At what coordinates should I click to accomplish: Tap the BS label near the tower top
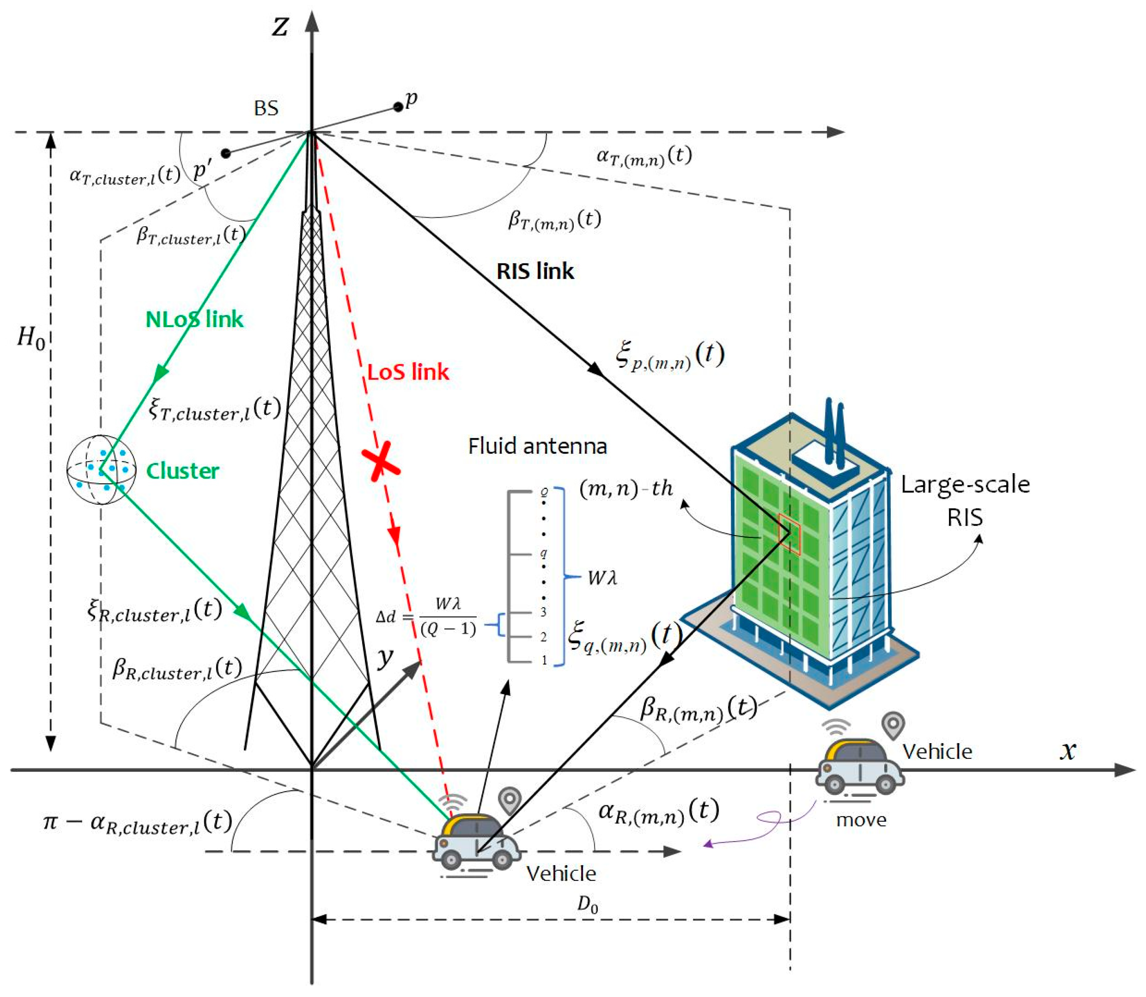(x=266, y=108)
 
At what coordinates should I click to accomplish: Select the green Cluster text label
(x=182, y=471)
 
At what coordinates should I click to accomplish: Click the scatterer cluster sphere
(x=101, y=470)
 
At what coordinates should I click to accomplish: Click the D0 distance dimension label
(x=587, y=905)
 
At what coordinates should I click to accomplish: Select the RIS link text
(x=534, y=271)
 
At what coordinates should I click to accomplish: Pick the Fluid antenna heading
(x=537, y=446)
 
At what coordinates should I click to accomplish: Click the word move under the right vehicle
(x=861, y=820)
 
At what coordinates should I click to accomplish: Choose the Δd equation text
(x=426, y=617)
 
